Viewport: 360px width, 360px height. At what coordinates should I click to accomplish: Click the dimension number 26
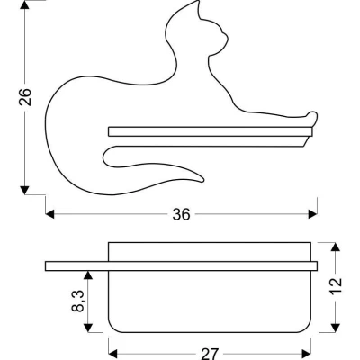(25, 96)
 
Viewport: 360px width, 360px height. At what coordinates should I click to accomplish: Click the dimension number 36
(182, 214)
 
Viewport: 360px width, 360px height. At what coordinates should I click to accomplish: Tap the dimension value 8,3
(78, 301)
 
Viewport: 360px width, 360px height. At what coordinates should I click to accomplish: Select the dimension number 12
(336, 286)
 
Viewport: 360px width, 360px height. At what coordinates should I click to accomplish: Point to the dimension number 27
(210, 355)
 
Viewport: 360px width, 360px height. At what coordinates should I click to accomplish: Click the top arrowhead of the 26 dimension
(25, 4)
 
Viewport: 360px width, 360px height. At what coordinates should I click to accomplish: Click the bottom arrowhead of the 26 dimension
(25, 190)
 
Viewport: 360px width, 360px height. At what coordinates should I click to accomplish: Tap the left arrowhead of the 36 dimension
(49, 214)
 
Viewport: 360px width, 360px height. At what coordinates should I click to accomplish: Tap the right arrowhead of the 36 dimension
(313, 214)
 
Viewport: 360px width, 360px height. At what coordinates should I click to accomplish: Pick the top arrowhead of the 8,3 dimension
(87, 275)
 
